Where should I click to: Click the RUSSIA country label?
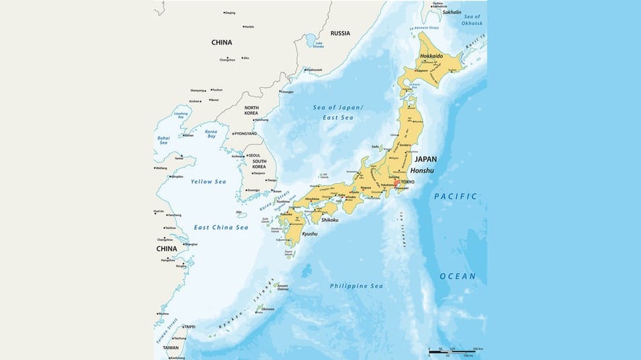[x=340, y=33]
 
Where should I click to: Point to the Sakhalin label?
[x=452, y=13]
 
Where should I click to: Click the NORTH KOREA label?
[x=251, y=110]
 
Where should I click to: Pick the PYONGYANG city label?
[x=245, y=133]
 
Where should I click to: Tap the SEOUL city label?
[x=254, y=155]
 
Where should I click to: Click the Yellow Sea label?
[x=208, y=182]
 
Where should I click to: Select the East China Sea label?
[x=221, y=227]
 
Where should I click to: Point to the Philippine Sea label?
[x=356, y=286]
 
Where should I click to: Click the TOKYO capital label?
[x=408, y=182]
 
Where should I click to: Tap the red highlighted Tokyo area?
[x=396, y=184]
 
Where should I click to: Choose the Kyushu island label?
[x=309, y=234]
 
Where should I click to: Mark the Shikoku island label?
[x=330, y=220]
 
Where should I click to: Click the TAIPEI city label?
[x=190, y=326]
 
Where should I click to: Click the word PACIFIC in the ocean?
[x=455, y=197]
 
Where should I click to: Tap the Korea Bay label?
[x=211, y=133]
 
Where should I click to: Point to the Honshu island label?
[x=422, y=170]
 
